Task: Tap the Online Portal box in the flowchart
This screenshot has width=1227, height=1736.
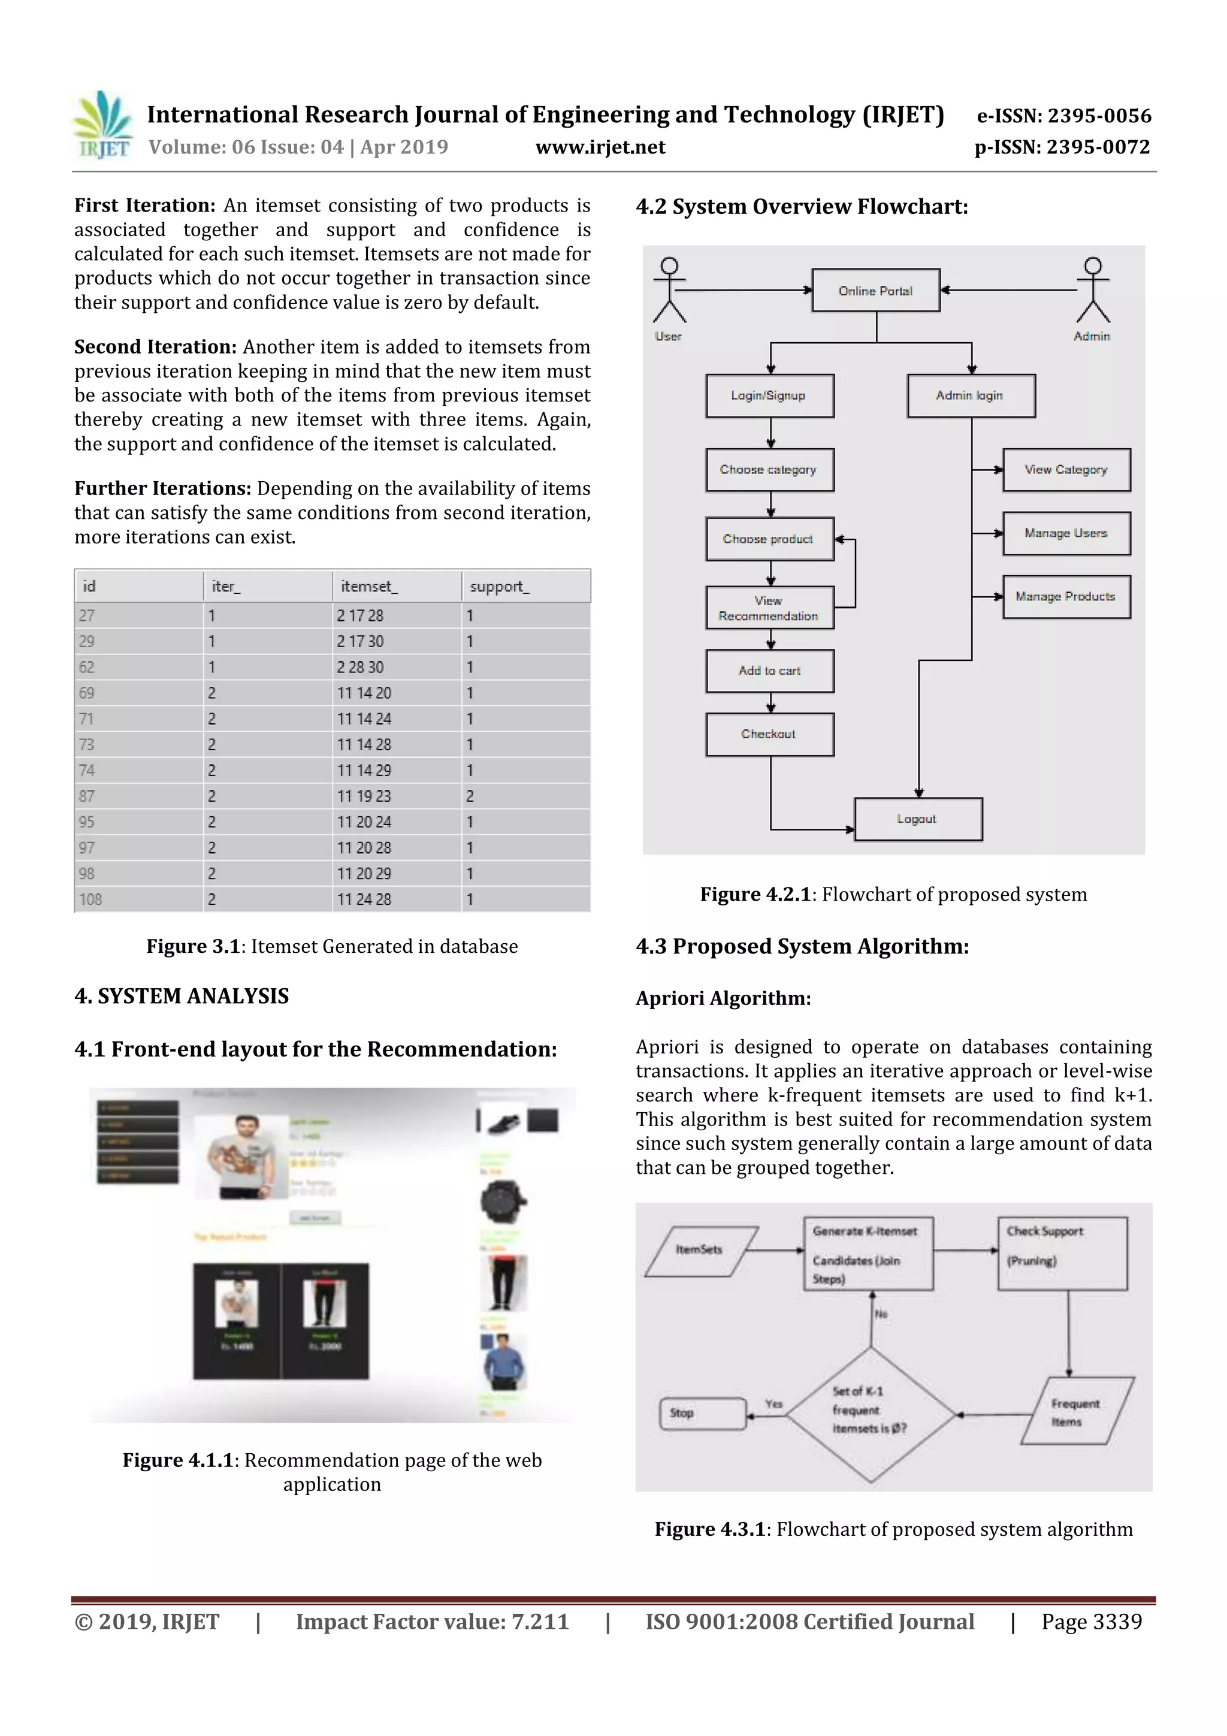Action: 875,291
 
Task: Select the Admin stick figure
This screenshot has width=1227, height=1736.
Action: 1092,291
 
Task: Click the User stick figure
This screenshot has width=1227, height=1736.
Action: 669,291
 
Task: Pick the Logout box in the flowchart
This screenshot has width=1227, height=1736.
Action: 918,819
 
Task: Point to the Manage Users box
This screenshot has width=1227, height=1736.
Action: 1066,533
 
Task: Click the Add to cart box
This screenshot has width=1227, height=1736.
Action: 770,671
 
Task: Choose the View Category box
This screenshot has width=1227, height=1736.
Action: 1066,470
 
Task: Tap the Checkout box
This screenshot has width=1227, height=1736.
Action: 770,734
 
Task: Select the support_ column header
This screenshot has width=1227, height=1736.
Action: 500,586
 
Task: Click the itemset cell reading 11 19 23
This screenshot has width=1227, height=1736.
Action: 364,796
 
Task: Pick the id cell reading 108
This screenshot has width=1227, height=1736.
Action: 90,899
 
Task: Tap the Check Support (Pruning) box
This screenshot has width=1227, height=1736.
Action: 1062,1253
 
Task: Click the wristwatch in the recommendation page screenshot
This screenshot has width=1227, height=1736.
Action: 503,1201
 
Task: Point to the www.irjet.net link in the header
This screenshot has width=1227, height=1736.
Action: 600,147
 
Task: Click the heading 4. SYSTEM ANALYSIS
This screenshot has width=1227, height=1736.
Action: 182,996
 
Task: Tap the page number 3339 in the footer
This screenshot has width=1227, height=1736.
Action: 1117,1622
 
